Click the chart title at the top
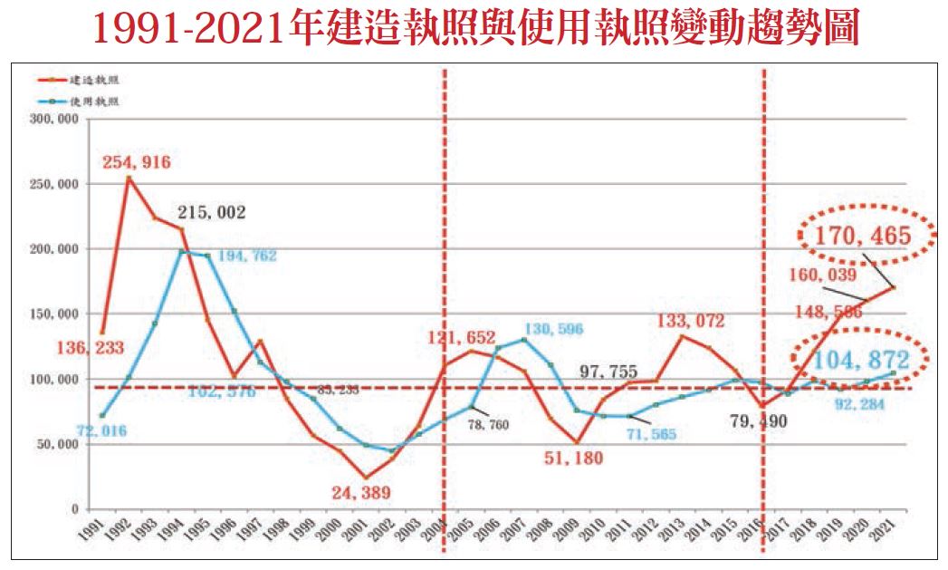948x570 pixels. (474, 29)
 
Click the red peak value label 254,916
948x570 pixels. (137, 162)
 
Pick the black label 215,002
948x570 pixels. (212, 213)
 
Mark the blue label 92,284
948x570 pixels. (860, 401)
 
